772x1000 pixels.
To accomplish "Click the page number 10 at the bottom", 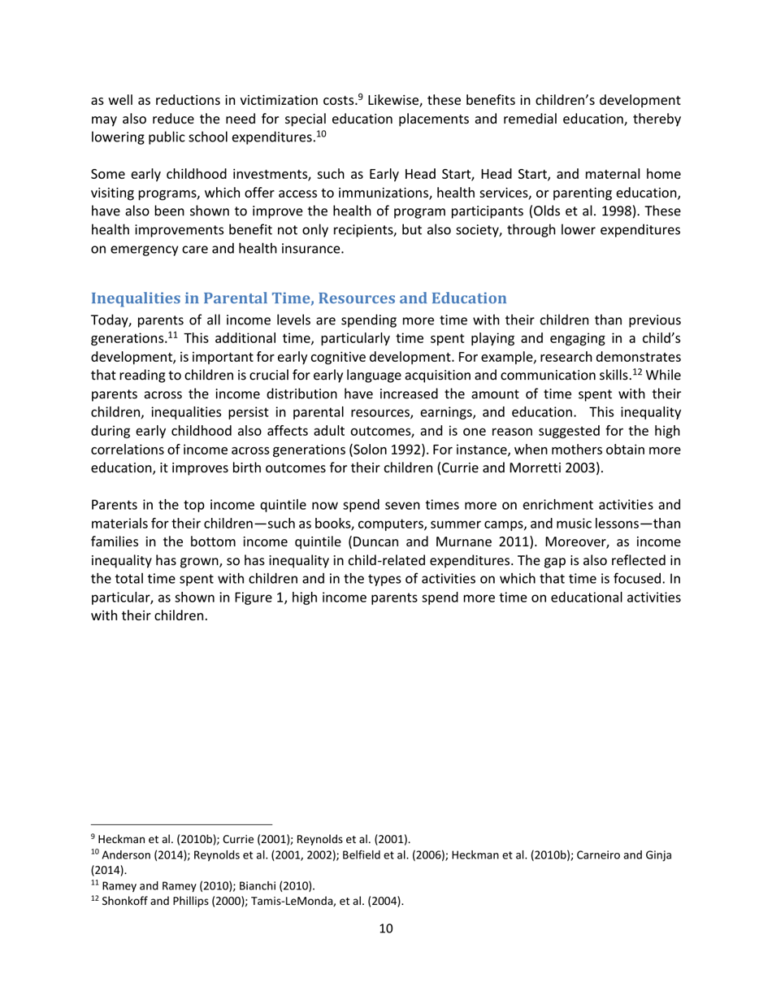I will pos(386,930).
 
